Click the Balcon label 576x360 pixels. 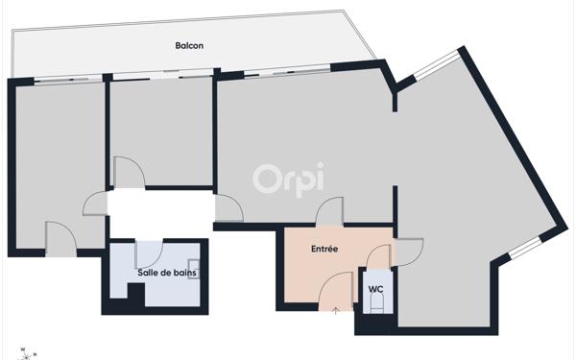coord(189,45)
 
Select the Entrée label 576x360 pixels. coord(324,249)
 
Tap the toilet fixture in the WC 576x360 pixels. coord(375,305)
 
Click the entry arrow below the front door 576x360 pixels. coord(336,309)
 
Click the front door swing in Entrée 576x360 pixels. coord(336,288)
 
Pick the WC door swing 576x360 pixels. coord(380,256)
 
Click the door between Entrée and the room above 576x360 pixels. coord(330,211)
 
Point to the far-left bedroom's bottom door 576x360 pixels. coord(60,238)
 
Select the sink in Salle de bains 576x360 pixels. coord(194,268)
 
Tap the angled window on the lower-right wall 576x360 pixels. coord(524,249)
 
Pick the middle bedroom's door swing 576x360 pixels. coord(129,173)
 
